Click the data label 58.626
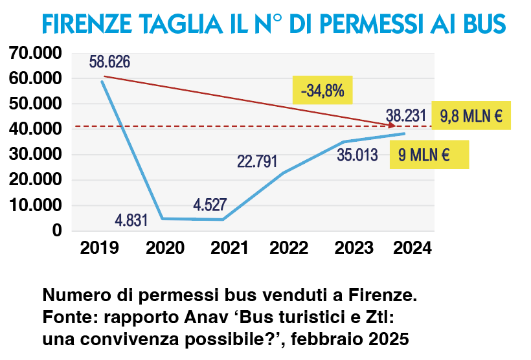point(110,62)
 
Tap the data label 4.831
point(131,219)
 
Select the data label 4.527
point(210,206)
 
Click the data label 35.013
point(358,156)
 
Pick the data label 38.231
point(406,116)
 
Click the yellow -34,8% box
point(322,91)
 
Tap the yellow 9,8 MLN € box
point(471,117)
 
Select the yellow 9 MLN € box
point(429,155)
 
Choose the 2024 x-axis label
point(412,248)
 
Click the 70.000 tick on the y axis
point(35,53)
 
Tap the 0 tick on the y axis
point(57,231)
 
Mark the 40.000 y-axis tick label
point(35,129)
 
